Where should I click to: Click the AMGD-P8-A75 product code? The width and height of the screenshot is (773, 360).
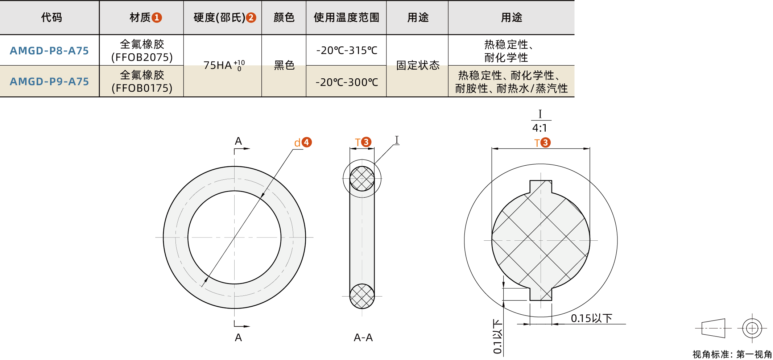[49, 51]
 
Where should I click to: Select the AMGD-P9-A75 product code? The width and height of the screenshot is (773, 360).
[49, 82]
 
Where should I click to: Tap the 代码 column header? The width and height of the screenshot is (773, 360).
[51, 17]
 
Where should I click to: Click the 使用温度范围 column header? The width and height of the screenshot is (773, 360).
[346, 17]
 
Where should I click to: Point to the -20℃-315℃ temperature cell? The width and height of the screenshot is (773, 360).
[347, 50]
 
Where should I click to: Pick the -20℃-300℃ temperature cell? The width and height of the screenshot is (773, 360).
[347, 82]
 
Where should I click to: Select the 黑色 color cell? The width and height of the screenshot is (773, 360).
[284, 65]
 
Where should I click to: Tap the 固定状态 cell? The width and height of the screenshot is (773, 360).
[418, 65]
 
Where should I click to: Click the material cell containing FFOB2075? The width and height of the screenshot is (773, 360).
[142, 51]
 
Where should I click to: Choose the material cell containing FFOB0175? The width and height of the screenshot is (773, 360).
[142, 82]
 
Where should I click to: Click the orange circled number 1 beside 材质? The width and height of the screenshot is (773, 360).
[157, 17]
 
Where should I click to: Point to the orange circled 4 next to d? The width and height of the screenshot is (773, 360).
[307, 142]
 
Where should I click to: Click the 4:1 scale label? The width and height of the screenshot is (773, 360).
[540, 128]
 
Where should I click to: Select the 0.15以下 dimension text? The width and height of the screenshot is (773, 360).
[591, 318]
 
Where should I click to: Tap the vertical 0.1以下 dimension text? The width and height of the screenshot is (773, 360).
[497, 336]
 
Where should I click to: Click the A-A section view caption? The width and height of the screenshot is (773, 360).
[363, 338]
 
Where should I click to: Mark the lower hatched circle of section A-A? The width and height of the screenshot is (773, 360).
[362, 296]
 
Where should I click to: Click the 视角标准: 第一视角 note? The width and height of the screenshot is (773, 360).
[732, 354]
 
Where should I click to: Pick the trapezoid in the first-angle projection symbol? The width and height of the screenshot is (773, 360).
[713, 328]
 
